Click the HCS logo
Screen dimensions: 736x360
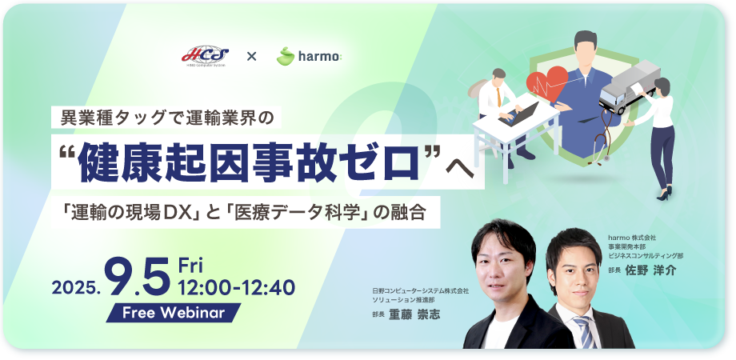click(205, 56)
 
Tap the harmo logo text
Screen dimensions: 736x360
click(319, 57)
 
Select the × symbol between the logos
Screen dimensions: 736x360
click(252, 57)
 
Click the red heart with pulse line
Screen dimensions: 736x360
click(547, 83)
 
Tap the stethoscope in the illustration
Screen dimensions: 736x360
click(602, 136)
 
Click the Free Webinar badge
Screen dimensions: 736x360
click(174, 313)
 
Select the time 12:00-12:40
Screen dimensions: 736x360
click(237, 287)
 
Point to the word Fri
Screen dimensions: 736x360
click(190, 266)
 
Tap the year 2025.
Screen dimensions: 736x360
click(76, 287)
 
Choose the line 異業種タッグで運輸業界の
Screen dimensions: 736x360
click(166, 118)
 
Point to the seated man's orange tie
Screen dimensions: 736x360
click(499, 96)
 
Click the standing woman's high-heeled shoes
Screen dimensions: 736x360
click(665, 194)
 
